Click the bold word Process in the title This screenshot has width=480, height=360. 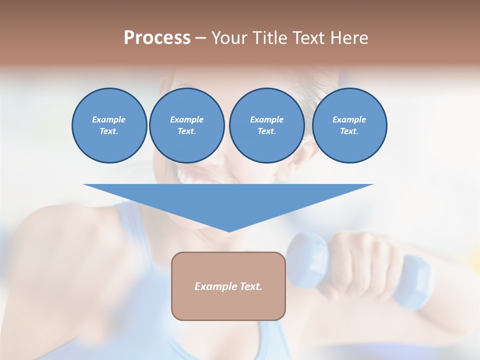[157, 38]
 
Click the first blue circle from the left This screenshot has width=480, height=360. [109, 125]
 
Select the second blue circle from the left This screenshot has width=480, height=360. [186, 125]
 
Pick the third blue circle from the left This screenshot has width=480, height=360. [266, 125]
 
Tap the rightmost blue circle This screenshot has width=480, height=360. [349, 125]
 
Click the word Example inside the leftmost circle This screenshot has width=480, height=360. [109, 119]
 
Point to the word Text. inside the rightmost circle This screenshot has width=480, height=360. [349, 131]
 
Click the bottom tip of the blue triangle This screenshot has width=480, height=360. [229, 231]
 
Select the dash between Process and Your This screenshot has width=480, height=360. [201, 38]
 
